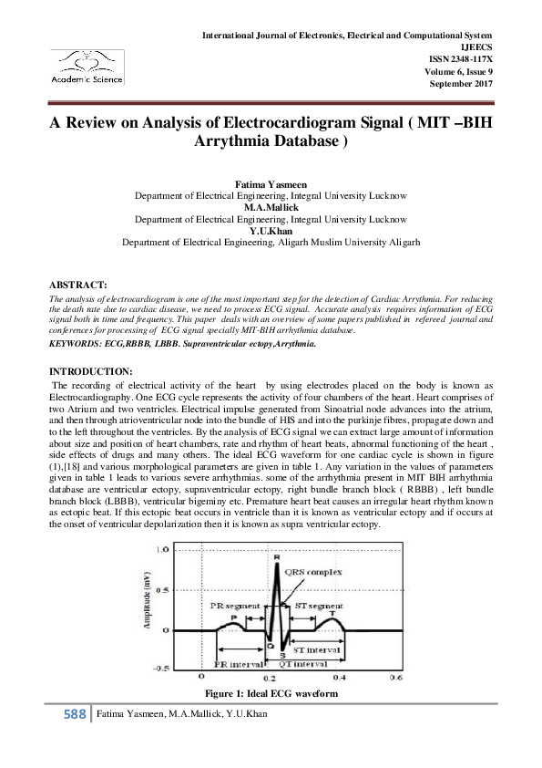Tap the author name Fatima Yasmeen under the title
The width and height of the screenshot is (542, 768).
(x=271, y=185)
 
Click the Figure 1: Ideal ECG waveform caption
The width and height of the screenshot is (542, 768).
(x=271, y=695)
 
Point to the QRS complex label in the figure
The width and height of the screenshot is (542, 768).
(x=312, y=573)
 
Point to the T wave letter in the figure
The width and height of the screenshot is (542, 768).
(x=332, y=613)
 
